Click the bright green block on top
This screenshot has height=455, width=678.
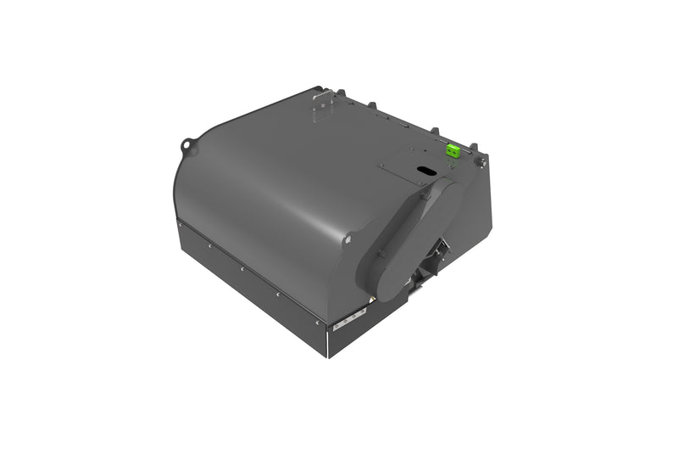tap(453, 149)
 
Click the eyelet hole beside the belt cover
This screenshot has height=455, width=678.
tap(347, 240)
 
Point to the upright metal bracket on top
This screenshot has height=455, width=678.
tap(320, 106)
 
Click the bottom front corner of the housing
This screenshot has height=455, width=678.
tap(329, 354)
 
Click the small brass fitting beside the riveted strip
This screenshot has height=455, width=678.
tap(370, 301)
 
